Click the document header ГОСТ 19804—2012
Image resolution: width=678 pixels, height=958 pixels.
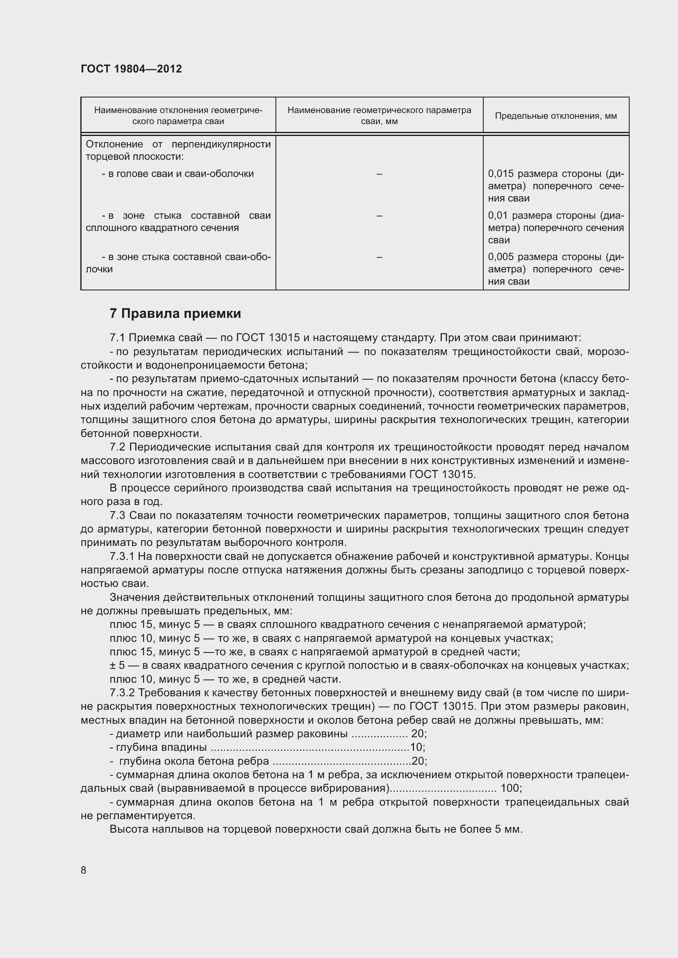coord(131,69)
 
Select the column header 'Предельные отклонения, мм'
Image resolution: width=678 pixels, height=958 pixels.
coord(556,116)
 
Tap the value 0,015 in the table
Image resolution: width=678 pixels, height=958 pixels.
coord(501,174)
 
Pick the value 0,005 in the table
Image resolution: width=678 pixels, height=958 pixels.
coord(501,257)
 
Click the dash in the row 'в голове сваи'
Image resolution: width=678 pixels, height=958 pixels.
coord(379,174)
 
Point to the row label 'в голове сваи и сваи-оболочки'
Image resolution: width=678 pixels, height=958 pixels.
coord(178,174)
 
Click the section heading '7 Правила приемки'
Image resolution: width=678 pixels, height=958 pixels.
coord(175,313)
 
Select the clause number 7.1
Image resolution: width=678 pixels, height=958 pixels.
coord(117,337)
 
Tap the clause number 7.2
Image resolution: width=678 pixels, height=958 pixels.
coord(117,447)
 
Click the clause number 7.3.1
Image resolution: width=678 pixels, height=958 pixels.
coord(122,557)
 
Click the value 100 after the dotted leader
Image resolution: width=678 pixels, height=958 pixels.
coord(510,788)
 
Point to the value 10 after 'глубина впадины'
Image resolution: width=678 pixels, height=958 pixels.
coord(416,747)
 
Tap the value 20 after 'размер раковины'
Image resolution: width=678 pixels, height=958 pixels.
coord(417,734)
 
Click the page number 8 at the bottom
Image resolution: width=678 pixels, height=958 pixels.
coord(84,870)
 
